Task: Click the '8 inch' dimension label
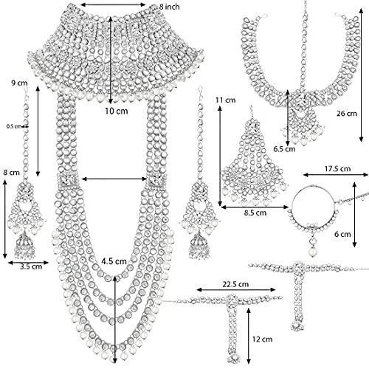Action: [169, 7]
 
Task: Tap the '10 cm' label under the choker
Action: [117, 111]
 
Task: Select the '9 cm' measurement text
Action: [19, 83]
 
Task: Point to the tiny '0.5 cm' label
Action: [13, 126]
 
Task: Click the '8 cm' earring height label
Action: [11, 173]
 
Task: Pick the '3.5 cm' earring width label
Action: [31, 266]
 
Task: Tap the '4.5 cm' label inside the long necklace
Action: [114, 261]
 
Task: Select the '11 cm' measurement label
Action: [225, 100]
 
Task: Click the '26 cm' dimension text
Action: [347, 114]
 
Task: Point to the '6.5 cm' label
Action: [284, 149]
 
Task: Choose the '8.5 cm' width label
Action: [255, 213]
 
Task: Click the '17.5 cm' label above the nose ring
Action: [337, 169]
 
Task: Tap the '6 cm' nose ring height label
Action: [342, 234]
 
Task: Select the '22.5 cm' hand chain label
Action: [235, 284]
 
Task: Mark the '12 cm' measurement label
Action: [262, 339]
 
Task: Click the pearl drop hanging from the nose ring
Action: [312, 252]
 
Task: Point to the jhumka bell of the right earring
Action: [199, 245]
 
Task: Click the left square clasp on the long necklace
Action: [68, 180]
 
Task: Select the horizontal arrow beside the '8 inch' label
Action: [114, 4]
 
